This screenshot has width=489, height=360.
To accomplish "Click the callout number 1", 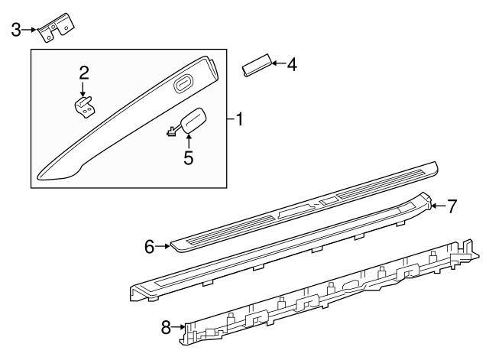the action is pos(239,120).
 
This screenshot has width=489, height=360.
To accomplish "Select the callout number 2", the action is pos(84,73).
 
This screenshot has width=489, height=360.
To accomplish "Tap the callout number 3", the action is pos(16,31).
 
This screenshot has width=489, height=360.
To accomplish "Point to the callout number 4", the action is pos(292,65).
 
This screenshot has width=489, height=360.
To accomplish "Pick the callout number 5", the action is pos(189,158).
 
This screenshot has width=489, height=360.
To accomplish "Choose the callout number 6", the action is pos(150,247).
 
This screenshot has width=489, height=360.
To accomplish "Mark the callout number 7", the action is pos(452,206).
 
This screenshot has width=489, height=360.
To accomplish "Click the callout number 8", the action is pos(167,328).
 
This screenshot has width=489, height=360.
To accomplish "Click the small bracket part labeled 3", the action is pos(56,28).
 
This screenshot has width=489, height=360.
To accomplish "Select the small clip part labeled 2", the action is pos(85,107).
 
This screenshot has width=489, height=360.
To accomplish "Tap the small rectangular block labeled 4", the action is pos(257,66).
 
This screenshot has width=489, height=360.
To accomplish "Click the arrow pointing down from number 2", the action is pos(83,89).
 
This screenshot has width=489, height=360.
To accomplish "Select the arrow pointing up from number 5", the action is pos(189,141).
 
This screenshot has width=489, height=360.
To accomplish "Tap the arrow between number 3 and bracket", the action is pos(29,30).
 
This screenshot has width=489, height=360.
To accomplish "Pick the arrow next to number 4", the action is pos(278,63).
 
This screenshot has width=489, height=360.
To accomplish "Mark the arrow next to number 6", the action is pos(163,246).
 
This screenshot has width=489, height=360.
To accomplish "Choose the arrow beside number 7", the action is pos(438,206).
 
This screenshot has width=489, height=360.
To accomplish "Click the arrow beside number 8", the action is pos(178,327).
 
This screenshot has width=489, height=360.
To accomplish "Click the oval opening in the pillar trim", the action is pos(183,84).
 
